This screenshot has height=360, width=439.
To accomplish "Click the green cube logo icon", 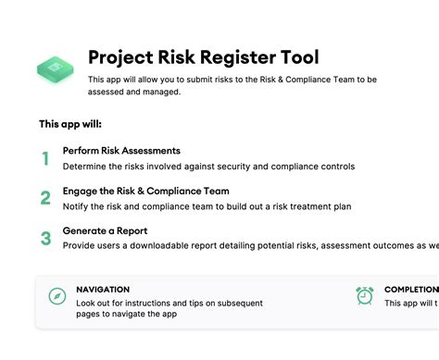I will tap(56, 68).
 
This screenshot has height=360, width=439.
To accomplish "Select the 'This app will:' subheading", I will tap(70, 123).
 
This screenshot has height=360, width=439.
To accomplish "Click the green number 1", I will tap(45, 158).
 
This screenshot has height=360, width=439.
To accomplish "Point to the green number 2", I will tap(45, 198).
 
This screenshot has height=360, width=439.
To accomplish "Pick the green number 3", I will tap(45, 238).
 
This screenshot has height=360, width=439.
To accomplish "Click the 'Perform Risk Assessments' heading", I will tap(121, 151).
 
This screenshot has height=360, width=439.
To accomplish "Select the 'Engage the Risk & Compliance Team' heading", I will tap(145, 191).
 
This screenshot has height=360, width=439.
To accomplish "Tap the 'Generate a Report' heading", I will tap(105, 230).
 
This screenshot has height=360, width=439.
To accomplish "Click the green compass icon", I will tap(57, 296).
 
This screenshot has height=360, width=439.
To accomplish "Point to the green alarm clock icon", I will tap(365, 296).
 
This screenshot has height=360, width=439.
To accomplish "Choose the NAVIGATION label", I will tap(103, 289).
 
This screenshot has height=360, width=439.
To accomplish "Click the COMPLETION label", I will tap(412, 289).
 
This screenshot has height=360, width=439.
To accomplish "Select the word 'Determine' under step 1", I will tap(87, 167).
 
